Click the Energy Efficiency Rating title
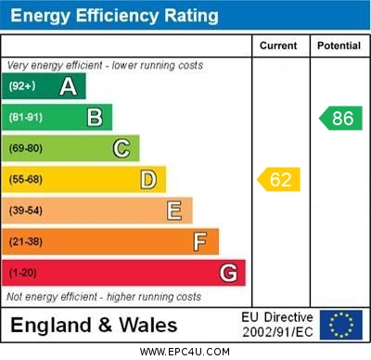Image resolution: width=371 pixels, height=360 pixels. click(114, 16)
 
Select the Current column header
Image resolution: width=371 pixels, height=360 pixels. click(278, 45)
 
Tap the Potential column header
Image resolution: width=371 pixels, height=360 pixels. click(339, 45)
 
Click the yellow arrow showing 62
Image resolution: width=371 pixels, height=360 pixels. click(279, 179)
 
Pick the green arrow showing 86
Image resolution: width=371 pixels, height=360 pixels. click(340, 118)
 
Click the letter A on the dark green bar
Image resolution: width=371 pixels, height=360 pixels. click(68, 86)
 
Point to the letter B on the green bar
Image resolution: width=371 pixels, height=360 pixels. click(95, 117)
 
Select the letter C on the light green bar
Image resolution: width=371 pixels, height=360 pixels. click(121, 148)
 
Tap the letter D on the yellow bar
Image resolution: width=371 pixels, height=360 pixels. click(147, 179)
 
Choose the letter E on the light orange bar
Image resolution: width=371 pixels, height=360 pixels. click(174, 211)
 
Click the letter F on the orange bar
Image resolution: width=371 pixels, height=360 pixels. click(200, 241)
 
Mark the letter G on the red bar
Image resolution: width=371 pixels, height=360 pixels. click(228, 273)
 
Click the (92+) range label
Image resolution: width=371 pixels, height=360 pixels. click(22, 86)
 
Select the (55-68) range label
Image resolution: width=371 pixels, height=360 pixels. click(26, 179)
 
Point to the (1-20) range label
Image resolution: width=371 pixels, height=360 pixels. click(23, 273)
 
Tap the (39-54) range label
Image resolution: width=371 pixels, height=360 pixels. click(26, 211)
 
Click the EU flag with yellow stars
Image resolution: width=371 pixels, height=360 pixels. click(341, 325)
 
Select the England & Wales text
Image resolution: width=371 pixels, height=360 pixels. click(93, 325)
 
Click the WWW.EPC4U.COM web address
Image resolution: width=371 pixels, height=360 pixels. click(185, 352)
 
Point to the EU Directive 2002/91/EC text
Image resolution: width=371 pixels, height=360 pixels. click(277, 325)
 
